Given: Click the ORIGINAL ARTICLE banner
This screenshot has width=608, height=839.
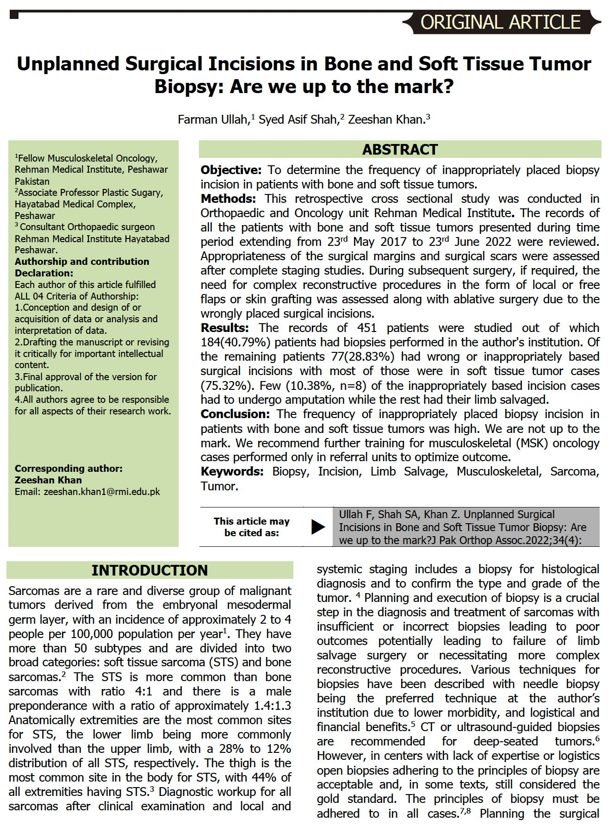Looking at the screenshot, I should click(500, 22).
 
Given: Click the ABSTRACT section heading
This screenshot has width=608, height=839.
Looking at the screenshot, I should click(400, 150).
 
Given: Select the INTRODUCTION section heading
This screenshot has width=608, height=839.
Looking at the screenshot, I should click(149, 570).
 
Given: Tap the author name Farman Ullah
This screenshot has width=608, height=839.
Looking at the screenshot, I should click(212, 119).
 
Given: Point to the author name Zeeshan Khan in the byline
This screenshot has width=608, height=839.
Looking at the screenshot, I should click(386, 119).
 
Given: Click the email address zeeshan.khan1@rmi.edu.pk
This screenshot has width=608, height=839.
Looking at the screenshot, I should click(102, 492).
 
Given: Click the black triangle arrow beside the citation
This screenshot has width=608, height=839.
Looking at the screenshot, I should click(318, 527).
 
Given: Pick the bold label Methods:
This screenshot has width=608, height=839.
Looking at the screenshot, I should click(228, 199).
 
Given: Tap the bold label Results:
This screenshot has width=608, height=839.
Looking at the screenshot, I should click(224, 328).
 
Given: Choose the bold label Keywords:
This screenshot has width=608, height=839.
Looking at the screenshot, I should click(232, 471).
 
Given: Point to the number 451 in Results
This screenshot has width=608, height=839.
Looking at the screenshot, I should click(366, 328).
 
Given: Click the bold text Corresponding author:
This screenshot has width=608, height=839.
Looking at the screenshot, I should click(68, 468).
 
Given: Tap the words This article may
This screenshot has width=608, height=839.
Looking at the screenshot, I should click(251, 521).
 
